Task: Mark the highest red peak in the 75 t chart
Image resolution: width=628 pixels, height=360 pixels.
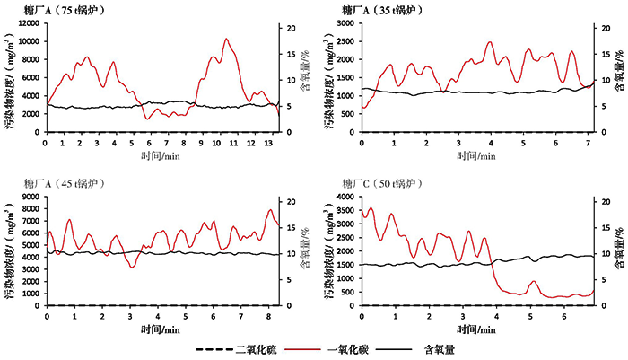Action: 226,40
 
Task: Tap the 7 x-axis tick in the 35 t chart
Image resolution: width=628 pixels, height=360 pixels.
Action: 588,142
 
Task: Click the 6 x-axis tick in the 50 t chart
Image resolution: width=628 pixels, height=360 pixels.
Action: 564,315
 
